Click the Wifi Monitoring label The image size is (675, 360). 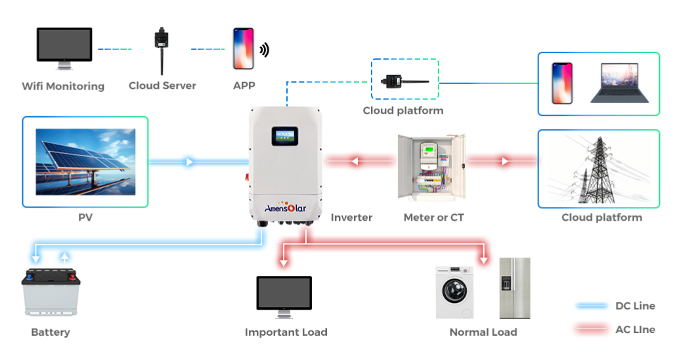(63, 86)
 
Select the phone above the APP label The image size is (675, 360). (244, 49)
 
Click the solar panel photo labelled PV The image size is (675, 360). (85, 162)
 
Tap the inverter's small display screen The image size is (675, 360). (286, 136)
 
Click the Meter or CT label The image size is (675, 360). (434, 217)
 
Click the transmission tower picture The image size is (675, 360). (598, 168)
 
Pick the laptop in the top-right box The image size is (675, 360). (619, 83)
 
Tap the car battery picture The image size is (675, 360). (51, 294)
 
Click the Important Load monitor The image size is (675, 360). (284, 298)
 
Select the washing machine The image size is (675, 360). (455, 292)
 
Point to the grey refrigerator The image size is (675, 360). (514, 287)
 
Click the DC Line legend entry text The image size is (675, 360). (635, 306)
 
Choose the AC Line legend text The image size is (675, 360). (635, 330)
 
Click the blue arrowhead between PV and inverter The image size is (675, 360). (189, 162)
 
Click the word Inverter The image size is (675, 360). (351, 217)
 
